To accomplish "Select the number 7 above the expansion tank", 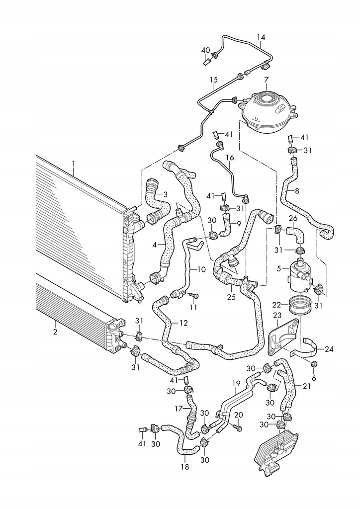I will click(266, 80).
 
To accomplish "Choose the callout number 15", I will click(213, 80).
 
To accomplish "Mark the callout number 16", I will click(230, 158).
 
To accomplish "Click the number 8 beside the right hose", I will click(297, 190).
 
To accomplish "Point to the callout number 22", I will click(277, 304).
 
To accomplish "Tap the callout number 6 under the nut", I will click(313, 378).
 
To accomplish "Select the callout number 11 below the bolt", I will click(193, 308).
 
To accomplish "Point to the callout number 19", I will click(237, 383).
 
